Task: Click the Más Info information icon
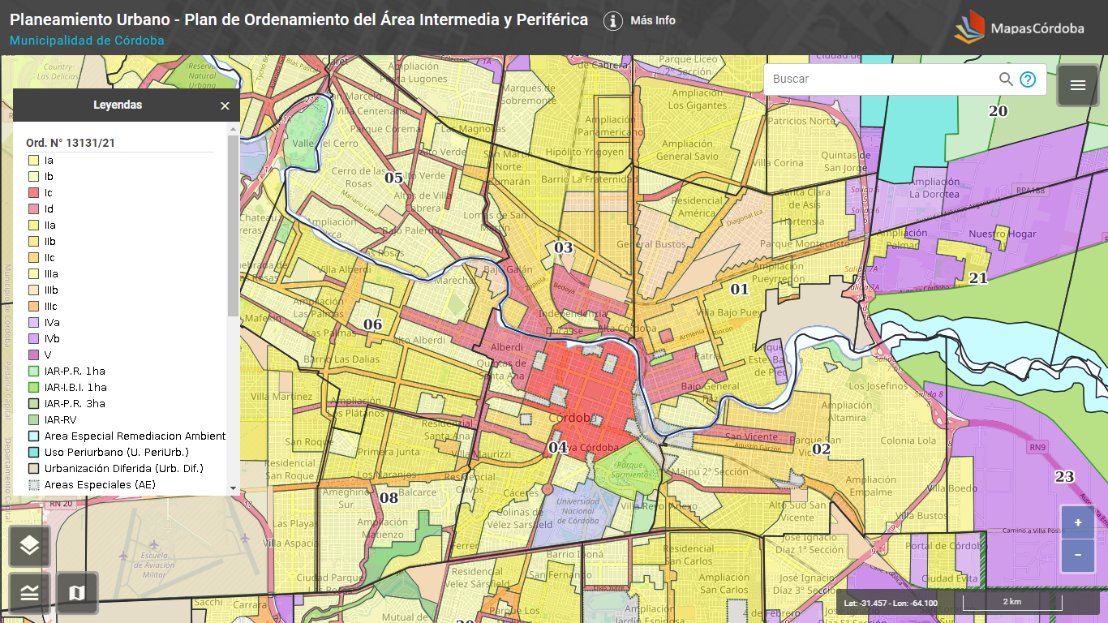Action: point(613,21)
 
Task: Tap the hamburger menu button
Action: point(1077,85)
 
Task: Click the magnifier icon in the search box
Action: point(1006,79)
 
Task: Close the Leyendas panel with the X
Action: point(225,105)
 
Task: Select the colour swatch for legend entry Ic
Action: point(34,193)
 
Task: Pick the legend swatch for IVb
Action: point(34,339)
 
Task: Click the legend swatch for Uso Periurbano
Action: point(34,453)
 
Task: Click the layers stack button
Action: point(30,546)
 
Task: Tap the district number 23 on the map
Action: point(1064,477)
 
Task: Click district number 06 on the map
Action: point(372,325)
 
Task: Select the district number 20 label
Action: point(998,111)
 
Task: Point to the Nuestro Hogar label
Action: point(1003,234)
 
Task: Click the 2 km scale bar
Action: point(1011,602)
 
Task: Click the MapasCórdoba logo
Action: point(1019,28)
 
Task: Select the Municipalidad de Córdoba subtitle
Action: point(87,41)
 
